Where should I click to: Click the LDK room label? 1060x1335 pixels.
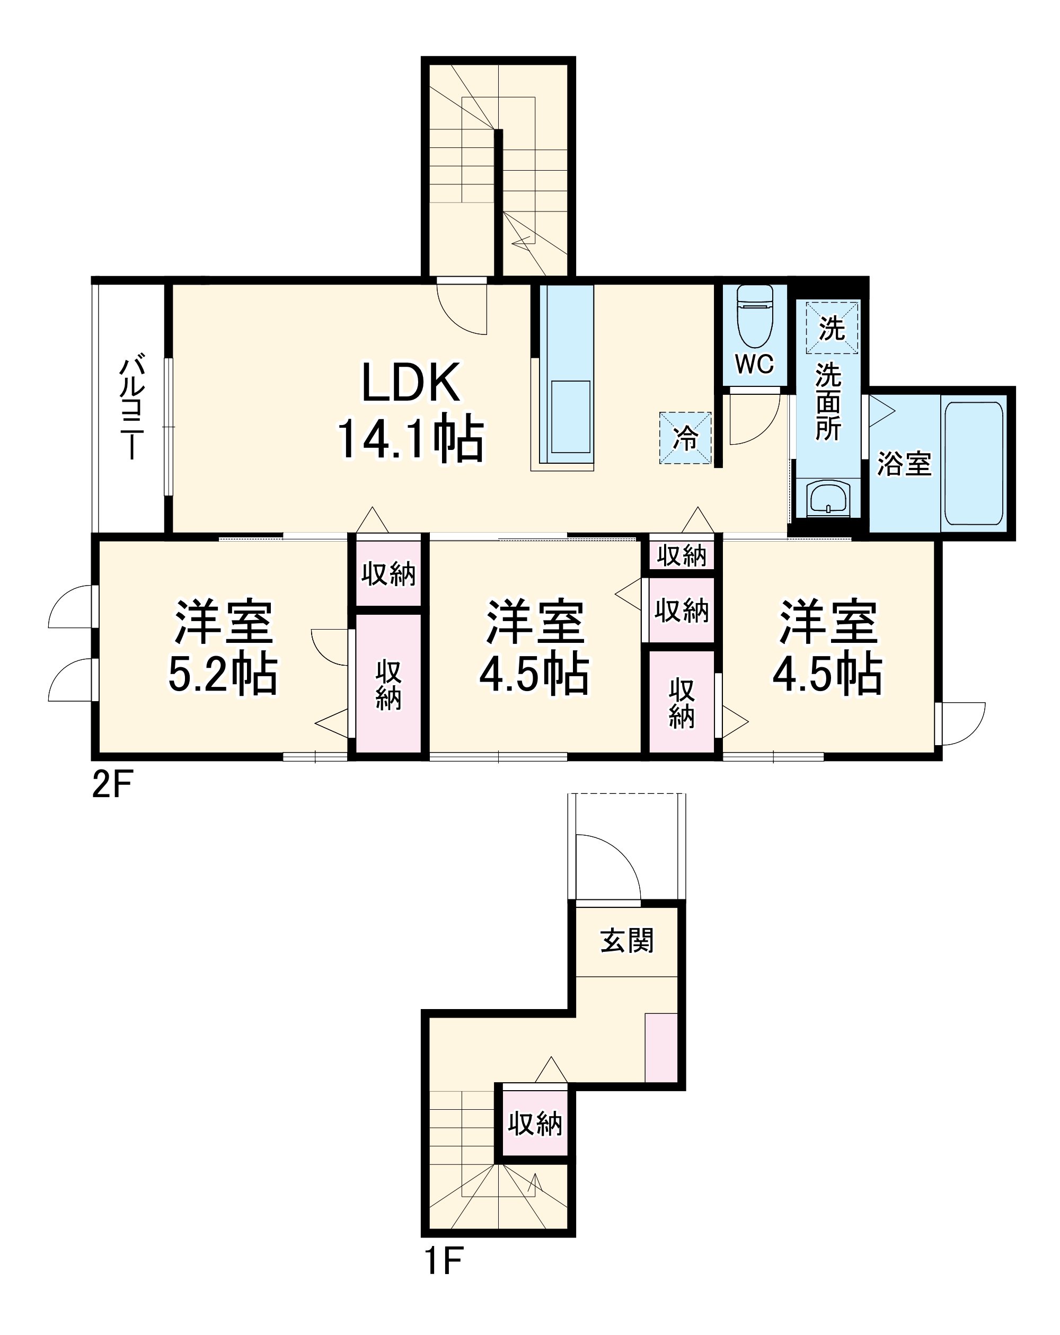411,382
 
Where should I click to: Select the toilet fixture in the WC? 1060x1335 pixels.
755,316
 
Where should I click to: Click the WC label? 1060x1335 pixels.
754,364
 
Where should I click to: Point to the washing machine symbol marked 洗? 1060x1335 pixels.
832,328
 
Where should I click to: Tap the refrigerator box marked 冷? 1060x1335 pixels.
685,438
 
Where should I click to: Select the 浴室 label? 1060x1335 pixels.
904,464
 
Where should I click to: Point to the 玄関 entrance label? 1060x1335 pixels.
626,941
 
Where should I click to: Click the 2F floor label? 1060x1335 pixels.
112,786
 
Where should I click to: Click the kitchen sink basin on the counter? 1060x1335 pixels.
570,417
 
